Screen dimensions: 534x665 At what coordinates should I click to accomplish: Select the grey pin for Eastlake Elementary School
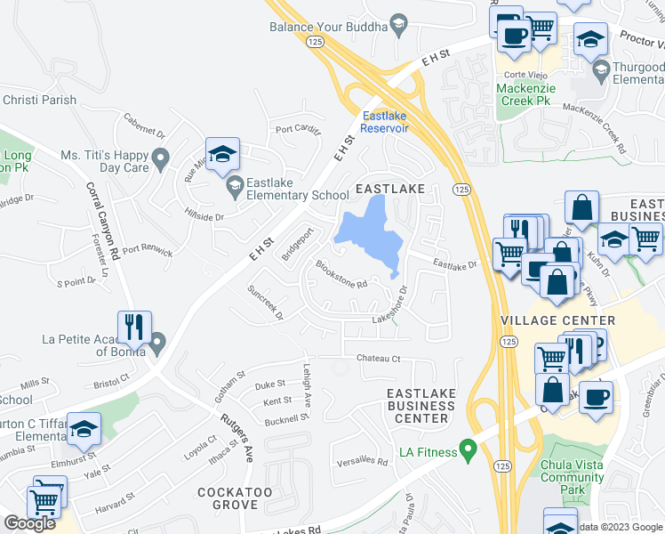click(x=235, y=184)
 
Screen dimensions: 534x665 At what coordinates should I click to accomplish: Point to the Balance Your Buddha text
click(x=328, y=27)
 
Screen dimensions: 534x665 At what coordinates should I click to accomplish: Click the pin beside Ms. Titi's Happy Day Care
click(x=161, y=160)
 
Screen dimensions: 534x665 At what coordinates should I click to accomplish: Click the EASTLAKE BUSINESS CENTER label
click(x=421, y=406)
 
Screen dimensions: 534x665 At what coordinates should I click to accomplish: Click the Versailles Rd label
click(x=362, y=462)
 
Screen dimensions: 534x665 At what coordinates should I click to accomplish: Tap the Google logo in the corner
click(x=29, y=523)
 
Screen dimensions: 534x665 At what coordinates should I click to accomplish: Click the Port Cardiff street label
click(x=297, y=129)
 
